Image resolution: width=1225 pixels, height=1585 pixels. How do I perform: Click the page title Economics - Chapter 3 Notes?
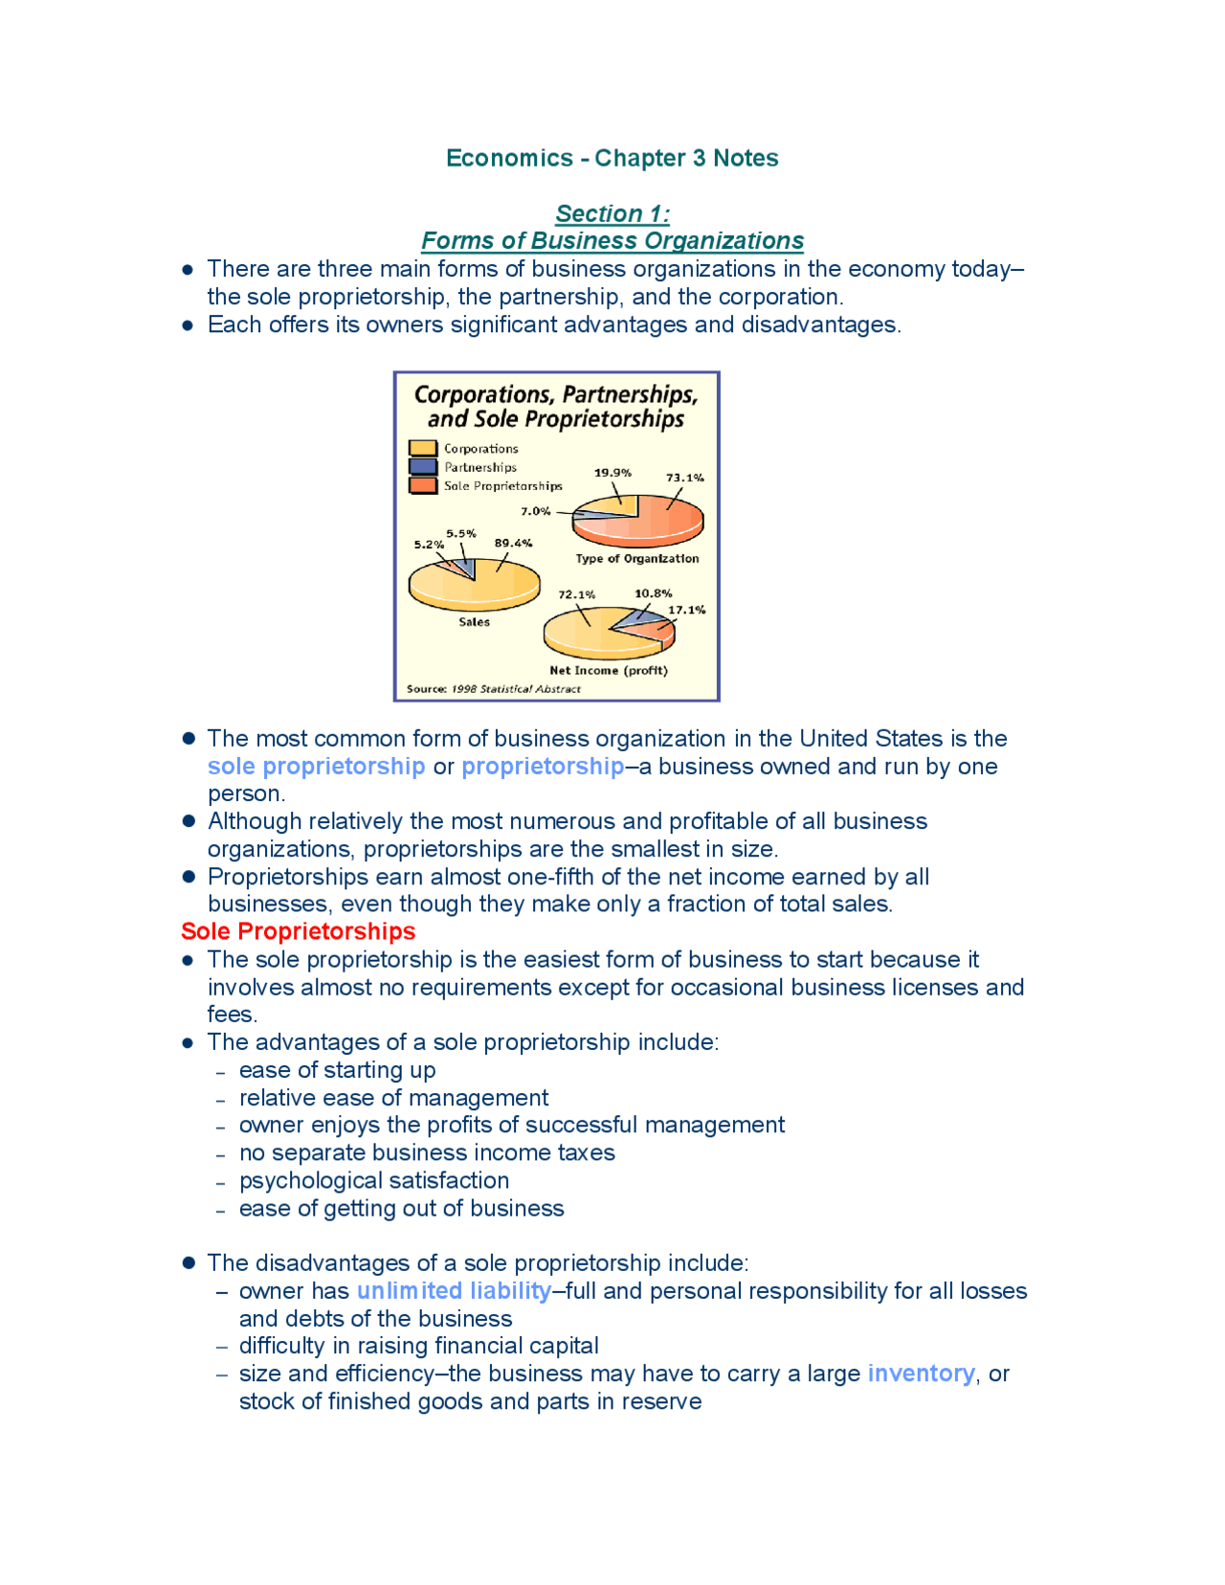pos(612,158)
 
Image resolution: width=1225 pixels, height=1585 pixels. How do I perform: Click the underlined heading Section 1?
pos(612,213)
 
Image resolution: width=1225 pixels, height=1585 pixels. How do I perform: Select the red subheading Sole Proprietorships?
pos(298,931)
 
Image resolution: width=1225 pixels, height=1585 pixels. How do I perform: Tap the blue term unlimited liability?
pos(454,1291)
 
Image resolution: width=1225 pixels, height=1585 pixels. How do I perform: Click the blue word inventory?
pos(921,1373)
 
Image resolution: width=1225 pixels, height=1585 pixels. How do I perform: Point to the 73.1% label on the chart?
pos(685,477)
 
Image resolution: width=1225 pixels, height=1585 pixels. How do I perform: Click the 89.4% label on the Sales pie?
pos(513,543)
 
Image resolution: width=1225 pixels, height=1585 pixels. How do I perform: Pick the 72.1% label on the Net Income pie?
pos(576,594)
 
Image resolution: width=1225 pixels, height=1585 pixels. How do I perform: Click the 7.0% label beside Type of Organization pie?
pos(536,511)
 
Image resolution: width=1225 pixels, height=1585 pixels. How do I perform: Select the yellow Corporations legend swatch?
pos(423,448)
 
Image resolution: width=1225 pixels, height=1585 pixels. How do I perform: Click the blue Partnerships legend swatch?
pos(423,467)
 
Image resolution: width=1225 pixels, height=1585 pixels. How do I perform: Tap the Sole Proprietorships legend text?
pos(502,486)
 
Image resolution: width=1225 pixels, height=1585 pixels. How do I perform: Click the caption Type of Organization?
pos(636,558)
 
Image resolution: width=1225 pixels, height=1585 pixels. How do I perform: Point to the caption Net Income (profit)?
pos(609,670)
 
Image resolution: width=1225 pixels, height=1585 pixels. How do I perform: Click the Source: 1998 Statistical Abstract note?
pos(494,688)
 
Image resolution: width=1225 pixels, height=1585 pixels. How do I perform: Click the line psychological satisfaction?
pos(374,1180)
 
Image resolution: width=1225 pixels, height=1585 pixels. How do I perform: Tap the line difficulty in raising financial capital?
pos(418,1346)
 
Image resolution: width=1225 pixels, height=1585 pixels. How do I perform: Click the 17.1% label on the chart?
pos(686,610)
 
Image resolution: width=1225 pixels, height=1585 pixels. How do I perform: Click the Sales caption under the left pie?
pos(474,622)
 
